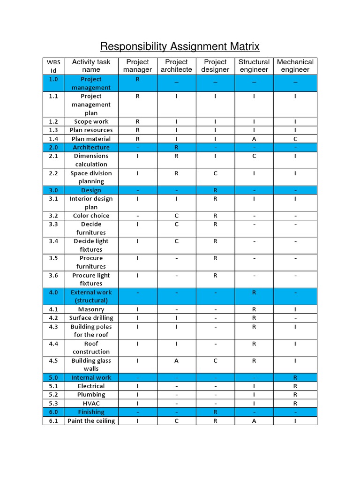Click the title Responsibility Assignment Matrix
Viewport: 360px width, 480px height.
pyautogui.click(x=180, y=46)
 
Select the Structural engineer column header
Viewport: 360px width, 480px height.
pyautogui.click(x=254, y=66)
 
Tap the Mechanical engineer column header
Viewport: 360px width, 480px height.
pyautogui.click(x=295, y=66)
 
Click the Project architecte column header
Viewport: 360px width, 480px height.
pyautogui.click(x=176, y=66)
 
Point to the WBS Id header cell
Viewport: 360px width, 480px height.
pyautogui.click(x=53, y=66)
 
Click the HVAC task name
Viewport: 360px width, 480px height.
pyautogui.click(x=91, y=403)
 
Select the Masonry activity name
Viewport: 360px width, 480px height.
pyautogui.click(x=91, y=309)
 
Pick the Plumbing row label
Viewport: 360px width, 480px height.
pyautogui.click(x=91, y=395)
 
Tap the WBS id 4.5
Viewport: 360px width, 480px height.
pyautogui.click(x=53, y=360)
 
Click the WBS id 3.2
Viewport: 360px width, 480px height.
pyautogui.click(x=53, y=216)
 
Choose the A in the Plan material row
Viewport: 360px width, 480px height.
pyautogui.click(x=254, y=139)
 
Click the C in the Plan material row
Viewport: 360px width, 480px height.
pyautogui.click(x=295, y=139)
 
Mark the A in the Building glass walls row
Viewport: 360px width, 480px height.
pyautogui.click(x=176, y=360)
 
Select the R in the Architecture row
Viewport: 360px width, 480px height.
pyautogui.click(x=176, y=147)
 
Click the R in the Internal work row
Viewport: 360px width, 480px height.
pyautogui.click(x=295, y=377)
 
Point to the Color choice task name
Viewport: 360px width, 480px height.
pyautogui.click(x=91, y=216)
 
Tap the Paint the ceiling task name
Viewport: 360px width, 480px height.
pyautogui.click(x=91, y=421)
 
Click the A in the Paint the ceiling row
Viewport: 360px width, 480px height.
pyautogui.click(x=254, y=421)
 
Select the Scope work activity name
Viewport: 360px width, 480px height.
pyautogui.click(x=91, y=121)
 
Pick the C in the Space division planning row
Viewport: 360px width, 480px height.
pyautogui.click(x=215, y=173)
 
